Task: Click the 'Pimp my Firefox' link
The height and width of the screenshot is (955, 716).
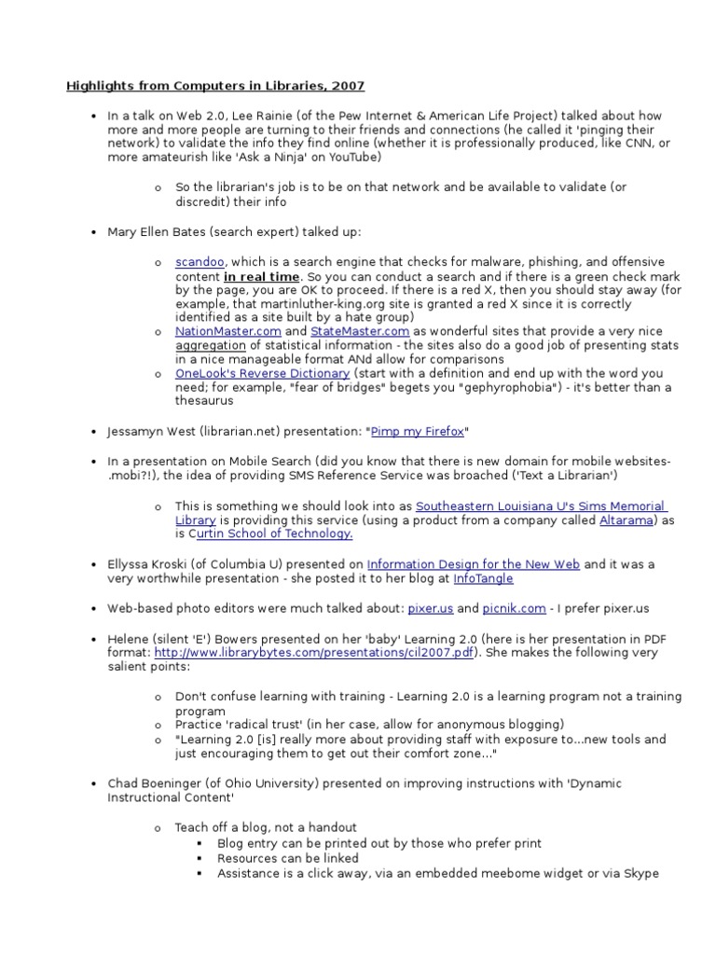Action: tap(417, 432)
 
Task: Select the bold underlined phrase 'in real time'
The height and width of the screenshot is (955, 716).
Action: tap(261, 277)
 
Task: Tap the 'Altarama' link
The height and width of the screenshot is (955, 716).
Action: tap(627, 519)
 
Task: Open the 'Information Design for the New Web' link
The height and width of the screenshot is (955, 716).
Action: tap(474, 564)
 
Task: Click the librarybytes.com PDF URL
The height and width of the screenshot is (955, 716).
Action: tap(314, 653)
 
